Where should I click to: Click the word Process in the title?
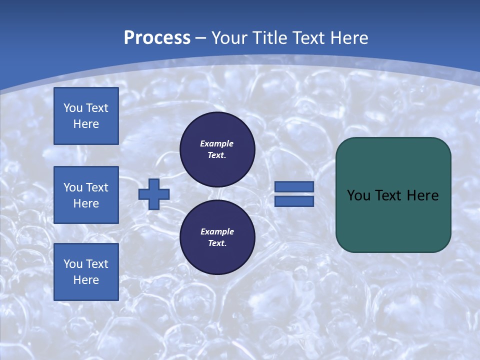(x=157, y=38)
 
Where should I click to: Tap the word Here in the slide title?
(x=348, y=38)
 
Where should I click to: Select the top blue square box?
(x=86, y=116)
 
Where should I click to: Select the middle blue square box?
(x=86, y=195)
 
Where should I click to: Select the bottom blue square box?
(x=86, y=272)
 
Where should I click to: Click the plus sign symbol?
(x=154, y=194)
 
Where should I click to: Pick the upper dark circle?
(x=217, y=149)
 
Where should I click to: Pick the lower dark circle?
(x=217, y=237)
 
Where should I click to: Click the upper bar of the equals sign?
(x=294, y=186)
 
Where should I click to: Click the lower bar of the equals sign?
(x=294, y=201)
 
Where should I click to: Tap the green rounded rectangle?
(x=393, y=220)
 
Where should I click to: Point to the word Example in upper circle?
(x=217, y=143)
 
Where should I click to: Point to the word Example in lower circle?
(x=217, y=231)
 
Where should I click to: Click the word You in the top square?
(x=73, y=108)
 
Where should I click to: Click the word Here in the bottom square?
(x=86, y=280)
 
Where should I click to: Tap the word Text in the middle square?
(x=96, y=187)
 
